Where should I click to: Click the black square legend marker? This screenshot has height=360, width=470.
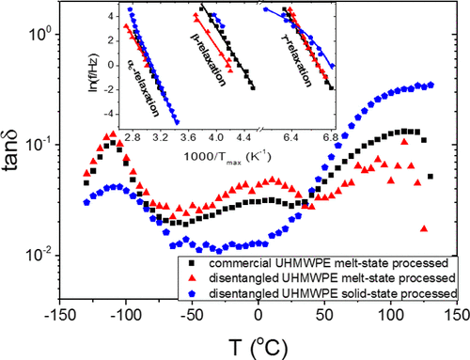point(190,264)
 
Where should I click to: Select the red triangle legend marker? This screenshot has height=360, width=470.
point(190,278)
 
